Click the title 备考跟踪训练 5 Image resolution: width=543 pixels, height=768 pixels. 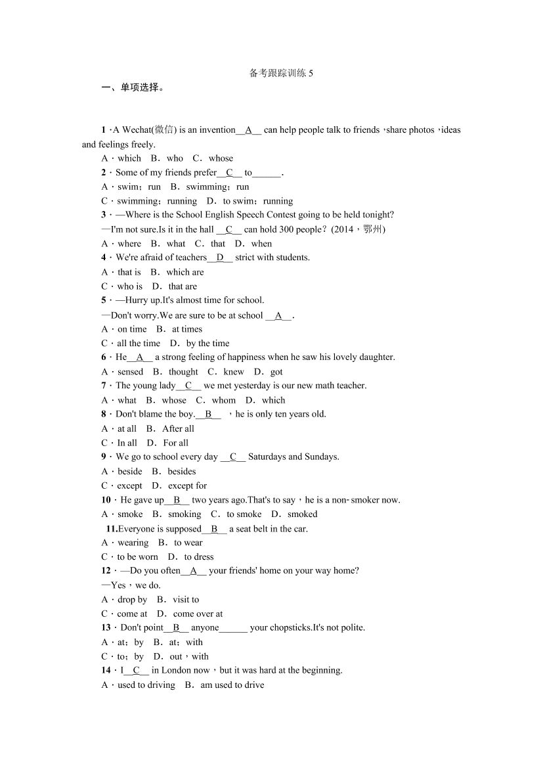pyautogui.click(x=281, y=74)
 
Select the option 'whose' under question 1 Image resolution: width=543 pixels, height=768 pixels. pyautogui.click(x=221, y=158)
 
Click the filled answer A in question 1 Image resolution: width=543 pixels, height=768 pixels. pyautogui.click(x=248, y=130)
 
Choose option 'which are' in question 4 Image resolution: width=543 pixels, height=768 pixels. pyautogui.click(x=185, y=272)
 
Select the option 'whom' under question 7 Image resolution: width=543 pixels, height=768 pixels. pyautogui.click(x=224, y=400)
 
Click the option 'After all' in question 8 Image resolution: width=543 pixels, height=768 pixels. pyautogui.click(x=178, y=429)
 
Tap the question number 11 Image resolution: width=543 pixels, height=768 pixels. pyautogui.click(x=111, y=529)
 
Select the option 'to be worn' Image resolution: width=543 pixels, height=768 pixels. pyautogui.click(x=138, y=557)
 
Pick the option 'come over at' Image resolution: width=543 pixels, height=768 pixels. pyautogui.click(x=198, y=614)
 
